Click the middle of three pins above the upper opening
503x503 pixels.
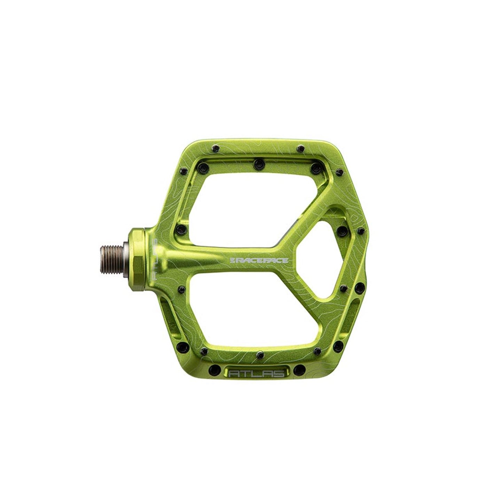click(258, 163)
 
